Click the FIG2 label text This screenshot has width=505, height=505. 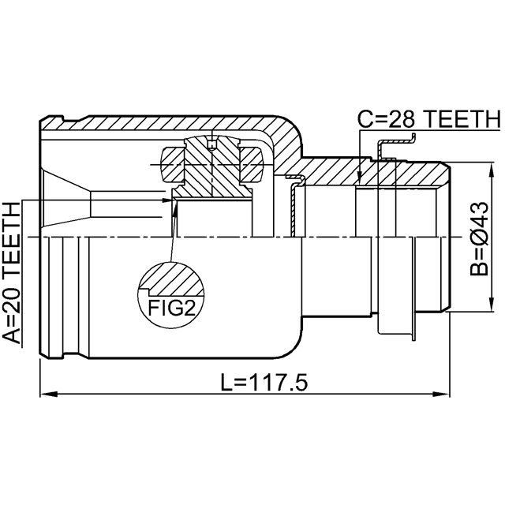[x=172, y=308]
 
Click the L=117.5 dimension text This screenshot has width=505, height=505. [x=264, y=382]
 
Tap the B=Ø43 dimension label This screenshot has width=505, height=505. [x=479, y=238]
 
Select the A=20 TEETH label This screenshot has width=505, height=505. [x=12, y=273]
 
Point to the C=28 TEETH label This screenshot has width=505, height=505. [x=429, y=119]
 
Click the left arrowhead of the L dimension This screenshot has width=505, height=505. [x=48, y=394]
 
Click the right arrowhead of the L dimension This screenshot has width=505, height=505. [x=440, y=394]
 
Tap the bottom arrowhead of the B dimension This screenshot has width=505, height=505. [x=491, y=303]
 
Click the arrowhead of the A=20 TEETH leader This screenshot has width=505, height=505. [x=169, y=200]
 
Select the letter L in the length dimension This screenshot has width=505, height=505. [x=226, y=382]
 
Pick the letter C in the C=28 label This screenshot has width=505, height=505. [x=365, y=119]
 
